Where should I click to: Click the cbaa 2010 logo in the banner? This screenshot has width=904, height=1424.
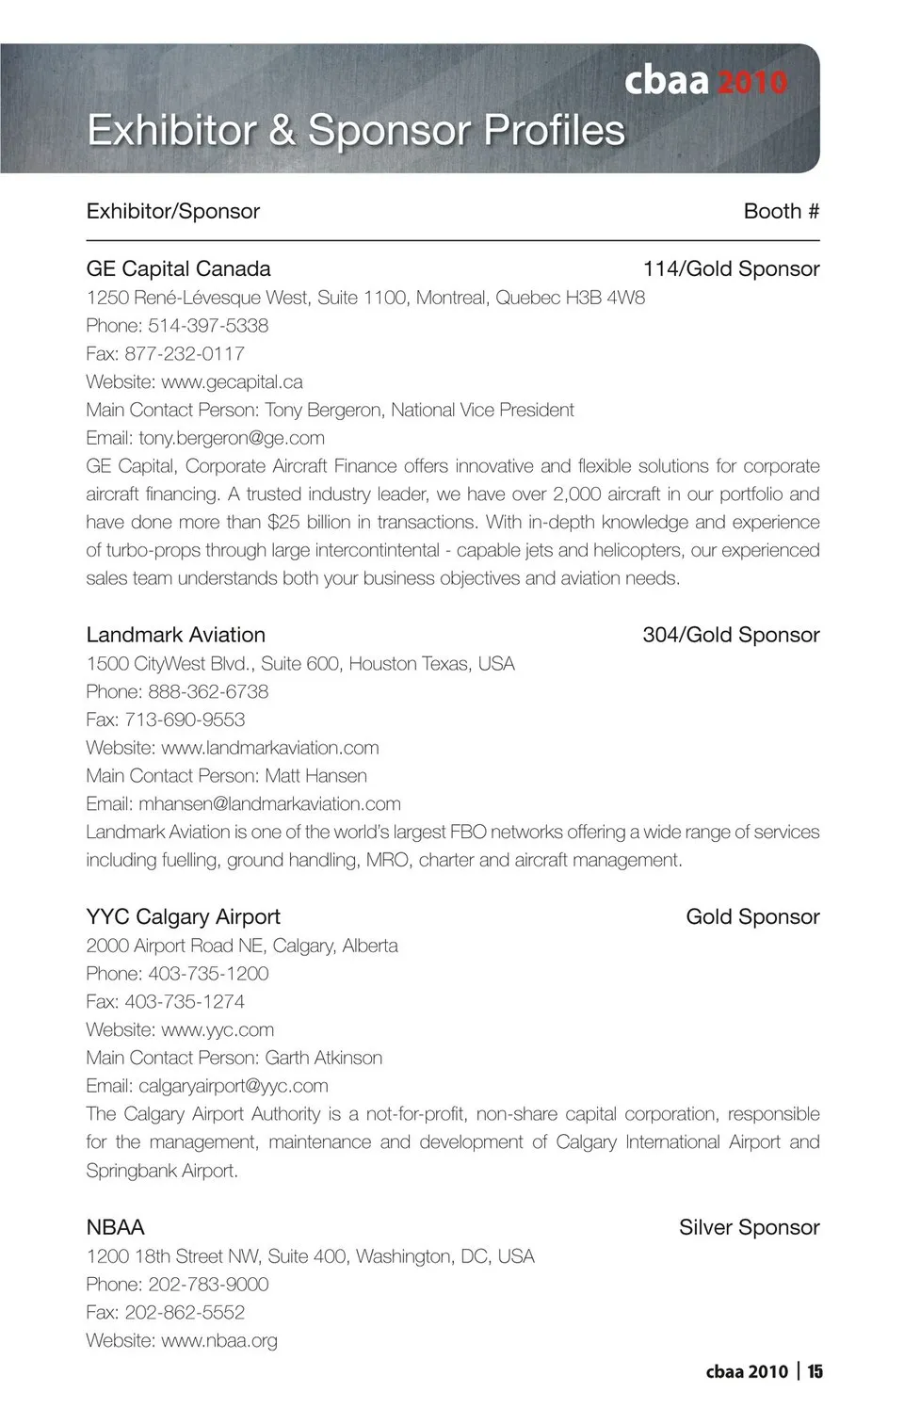pos(705,82)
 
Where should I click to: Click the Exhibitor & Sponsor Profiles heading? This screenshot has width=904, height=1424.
pos(356,130)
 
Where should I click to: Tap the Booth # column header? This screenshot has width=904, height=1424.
pos(781,211)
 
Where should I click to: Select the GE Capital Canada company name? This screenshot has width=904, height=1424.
pos(178,268)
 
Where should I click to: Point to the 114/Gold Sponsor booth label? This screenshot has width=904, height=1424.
pos(731,268)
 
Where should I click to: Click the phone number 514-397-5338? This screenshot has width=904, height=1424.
pos(208,326)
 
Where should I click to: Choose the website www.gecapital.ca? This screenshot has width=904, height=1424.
pos(232,382)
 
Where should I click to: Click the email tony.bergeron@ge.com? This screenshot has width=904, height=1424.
pos(232,438)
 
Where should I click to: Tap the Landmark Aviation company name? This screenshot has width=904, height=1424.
pos(175,635)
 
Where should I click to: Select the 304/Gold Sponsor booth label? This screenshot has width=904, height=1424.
pos(731,635)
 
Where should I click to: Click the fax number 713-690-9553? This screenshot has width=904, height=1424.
pos(185,720)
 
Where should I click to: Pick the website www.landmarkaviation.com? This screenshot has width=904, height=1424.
pos(270,748)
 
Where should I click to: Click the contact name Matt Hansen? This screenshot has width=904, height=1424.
pos(315,776)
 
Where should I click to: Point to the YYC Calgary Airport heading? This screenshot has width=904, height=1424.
pos(183,916)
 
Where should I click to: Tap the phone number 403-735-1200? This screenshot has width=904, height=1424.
pos(208,974)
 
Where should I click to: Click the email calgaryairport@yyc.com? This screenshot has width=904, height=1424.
pos(234,1086)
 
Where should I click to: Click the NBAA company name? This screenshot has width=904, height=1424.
pos(115,1227)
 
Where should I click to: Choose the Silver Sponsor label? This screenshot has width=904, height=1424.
pos(749,1227)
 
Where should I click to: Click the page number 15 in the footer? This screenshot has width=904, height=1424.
pos(815,1371)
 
